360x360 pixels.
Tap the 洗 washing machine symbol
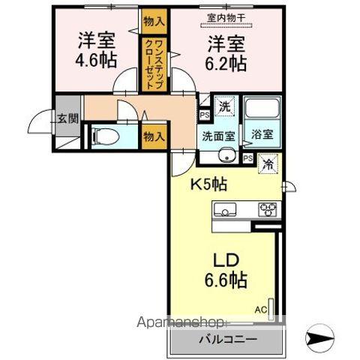[x=224, y=106]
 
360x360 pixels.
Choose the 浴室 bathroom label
[x=262, y=136]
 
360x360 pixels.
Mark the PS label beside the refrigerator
[x=248, y=158]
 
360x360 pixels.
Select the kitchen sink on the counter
[x=228, y=208]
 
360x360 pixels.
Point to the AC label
[x=262, y=307]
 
